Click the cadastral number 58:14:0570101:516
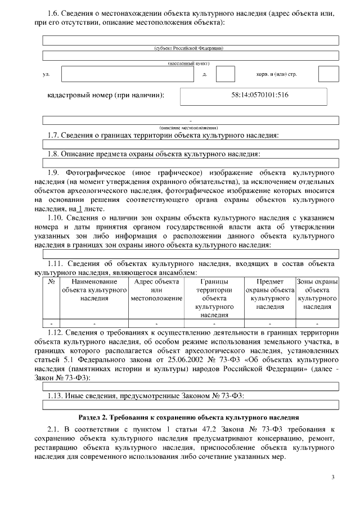(x=260, y=96)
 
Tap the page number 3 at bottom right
(x=332, y=478)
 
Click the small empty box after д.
(x=225, y=74)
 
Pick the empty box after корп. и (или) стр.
(x=328, y=74)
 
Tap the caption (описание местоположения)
(x=190, y=127)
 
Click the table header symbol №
(x=51, y=281)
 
